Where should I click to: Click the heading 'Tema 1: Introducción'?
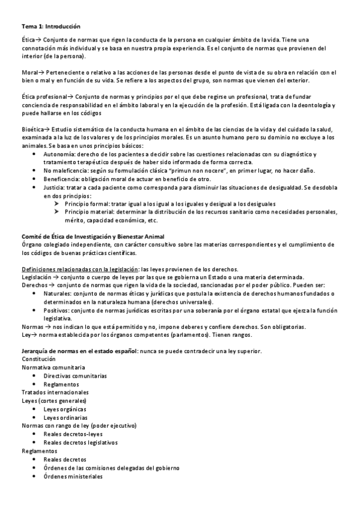(x=50, y=26)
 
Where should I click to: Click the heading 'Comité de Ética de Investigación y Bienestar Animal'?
(x=93, y=236)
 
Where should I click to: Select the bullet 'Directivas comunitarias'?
(x=75, y=375)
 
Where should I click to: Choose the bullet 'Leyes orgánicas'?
(x=66, y=409)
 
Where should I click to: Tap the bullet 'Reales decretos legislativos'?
(x=81, y=442)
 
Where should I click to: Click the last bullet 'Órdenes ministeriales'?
(x=73, y=476)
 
